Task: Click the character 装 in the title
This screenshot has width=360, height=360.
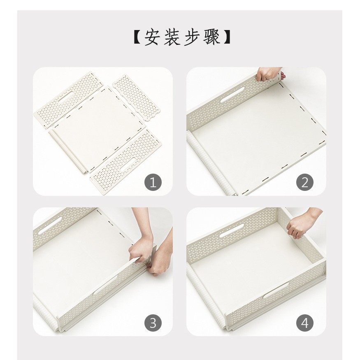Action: click(x=172, y=37)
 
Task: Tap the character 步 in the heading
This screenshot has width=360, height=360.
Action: click(x=191, y=37)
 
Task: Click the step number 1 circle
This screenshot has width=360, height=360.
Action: click(x=153, y=183)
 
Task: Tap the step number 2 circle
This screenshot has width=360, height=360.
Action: click(x=305, y=183)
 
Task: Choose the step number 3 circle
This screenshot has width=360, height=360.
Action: click(x=153, y=323)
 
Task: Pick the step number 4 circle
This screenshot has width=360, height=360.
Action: click(x=305, y=323)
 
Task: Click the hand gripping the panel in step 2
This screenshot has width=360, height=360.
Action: click(x=267, y=74)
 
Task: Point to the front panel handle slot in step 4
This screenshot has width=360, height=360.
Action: click(x=276, y=290)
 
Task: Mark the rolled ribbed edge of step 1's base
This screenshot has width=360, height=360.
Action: click(x=68, y=151)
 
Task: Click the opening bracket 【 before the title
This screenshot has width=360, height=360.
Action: click(x=136, y=37)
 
